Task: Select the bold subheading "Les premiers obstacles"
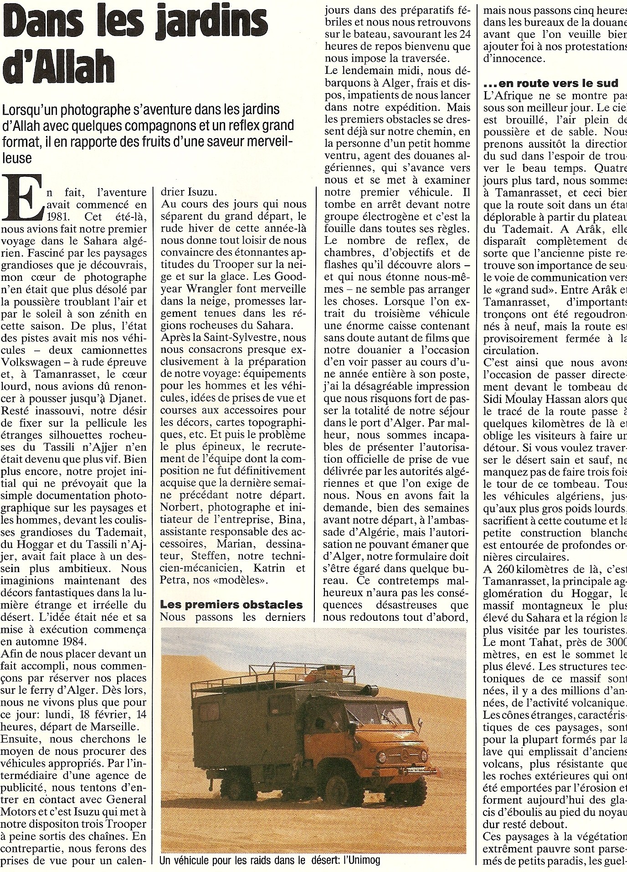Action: tap(231, 604)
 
